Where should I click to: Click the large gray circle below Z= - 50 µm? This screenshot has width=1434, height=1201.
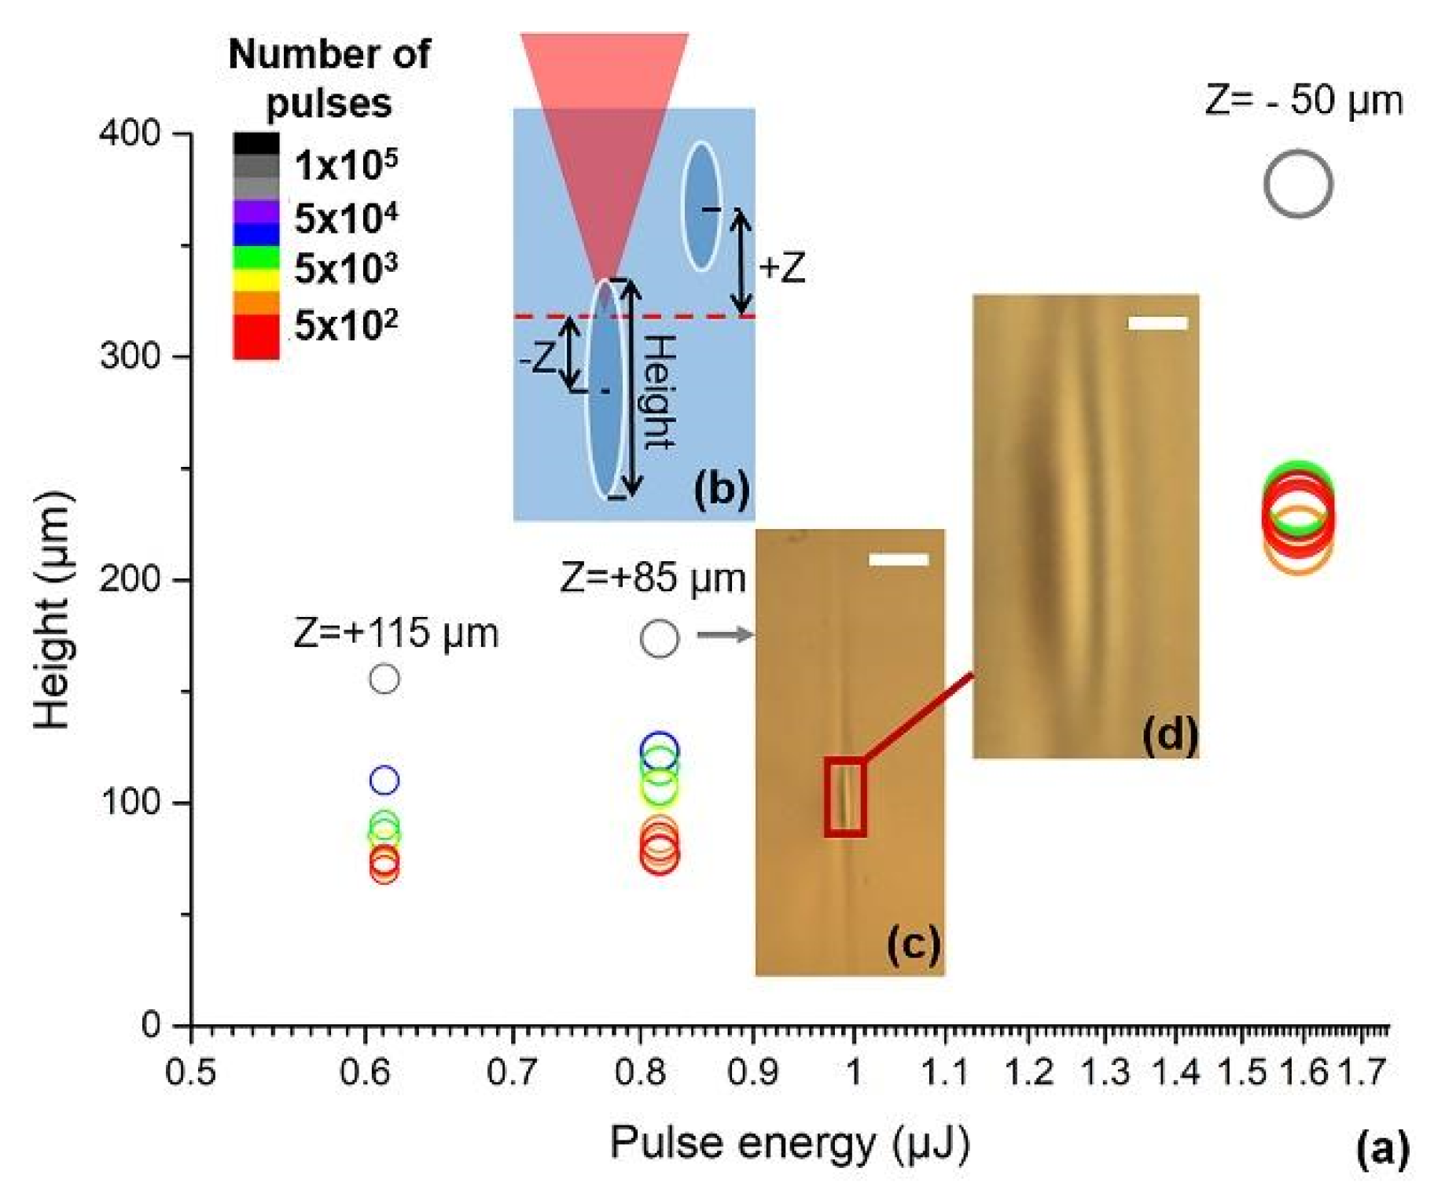point(1297,184)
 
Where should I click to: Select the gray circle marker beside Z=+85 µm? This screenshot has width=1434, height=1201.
point(659,637)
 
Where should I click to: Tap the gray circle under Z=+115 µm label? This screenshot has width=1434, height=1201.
point(384,678)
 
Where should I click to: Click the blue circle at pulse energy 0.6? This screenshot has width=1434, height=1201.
point(384,780)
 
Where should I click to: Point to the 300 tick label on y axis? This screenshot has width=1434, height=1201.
point(131,356)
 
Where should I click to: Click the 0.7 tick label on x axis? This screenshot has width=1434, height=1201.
point(512,1072)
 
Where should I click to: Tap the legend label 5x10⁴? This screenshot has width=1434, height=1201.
point(346,218)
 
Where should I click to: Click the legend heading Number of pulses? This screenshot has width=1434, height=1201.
point(329,78)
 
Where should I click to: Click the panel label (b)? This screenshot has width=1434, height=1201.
point(720,488)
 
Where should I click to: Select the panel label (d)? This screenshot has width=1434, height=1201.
point(1169,735)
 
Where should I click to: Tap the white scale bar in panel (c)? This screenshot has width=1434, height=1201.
point(898,560)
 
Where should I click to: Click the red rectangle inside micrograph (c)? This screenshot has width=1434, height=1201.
point(845,797)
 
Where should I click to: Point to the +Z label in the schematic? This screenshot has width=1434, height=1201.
point(781,268)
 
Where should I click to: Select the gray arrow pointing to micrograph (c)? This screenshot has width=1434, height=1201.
point(724,634)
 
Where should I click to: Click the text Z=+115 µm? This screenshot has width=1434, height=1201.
point(395,633)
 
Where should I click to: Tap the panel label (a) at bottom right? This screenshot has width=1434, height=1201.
point(1382,1148)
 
